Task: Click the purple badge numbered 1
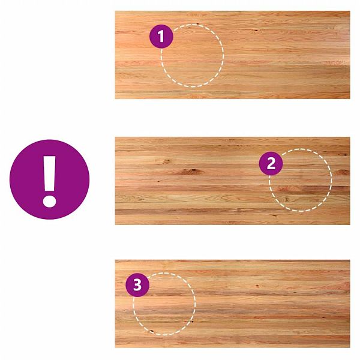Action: pos(161,36)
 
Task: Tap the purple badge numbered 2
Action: pos(271,163)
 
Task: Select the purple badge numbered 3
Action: pos(137,285)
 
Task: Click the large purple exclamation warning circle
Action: pos(49,179)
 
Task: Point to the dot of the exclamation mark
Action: pos(49,200)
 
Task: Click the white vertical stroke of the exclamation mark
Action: pos(49,173)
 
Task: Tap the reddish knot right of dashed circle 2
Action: pos(343,172)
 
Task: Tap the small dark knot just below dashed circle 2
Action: pos(274,215)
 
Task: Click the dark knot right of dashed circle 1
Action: pos(256,30)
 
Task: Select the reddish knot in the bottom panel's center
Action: pos(257,286)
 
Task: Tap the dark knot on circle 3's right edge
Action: pos(192,321)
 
